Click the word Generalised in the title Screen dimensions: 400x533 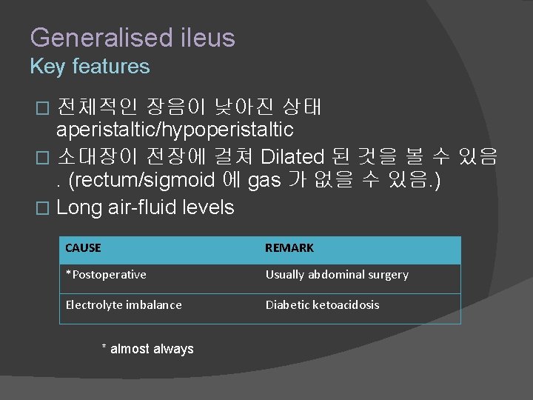click(x=91, y=38)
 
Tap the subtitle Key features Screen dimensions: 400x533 click(x=90, y=67)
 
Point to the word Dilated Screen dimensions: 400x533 click(x=292, y=156)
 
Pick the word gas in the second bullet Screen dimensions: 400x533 click(x=264, y=181)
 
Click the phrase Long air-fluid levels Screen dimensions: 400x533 click(x=145, y=207)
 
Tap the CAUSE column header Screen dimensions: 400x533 click(x=83, y=248)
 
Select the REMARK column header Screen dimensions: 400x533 click(x=289, y=248)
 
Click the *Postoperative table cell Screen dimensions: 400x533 click(x=106, y=275)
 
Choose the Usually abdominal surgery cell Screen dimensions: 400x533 click(x=337, y=275)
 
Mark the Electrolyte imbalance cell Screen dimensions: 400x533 click(x=124, y=304)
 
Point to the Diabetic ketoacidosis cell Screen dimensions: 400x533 click(x=322, y=304)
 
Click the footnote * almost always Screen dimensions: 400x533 click(x=147, y=349)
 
